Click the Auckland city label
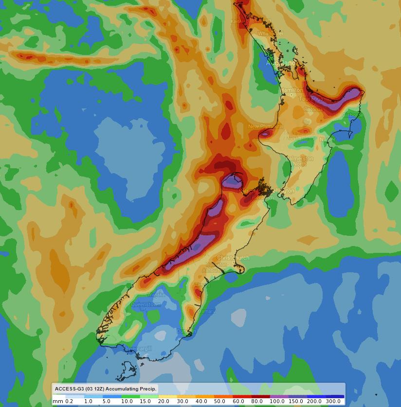pos(281,63)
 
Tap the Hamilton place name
pos(292,90)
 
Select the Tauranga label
pos(311,99)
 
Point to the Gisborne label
pos(353,115)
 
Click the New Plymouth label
pos(265,126)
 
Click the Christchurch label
pos(234,257)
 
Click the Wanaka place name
pos(157,294)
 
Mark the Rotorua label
pos(314,109)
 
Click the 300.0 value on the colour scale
pos(333,401)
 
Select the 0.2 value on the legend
pos(69,401)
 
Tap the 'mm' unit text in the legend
pos(58,401)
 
